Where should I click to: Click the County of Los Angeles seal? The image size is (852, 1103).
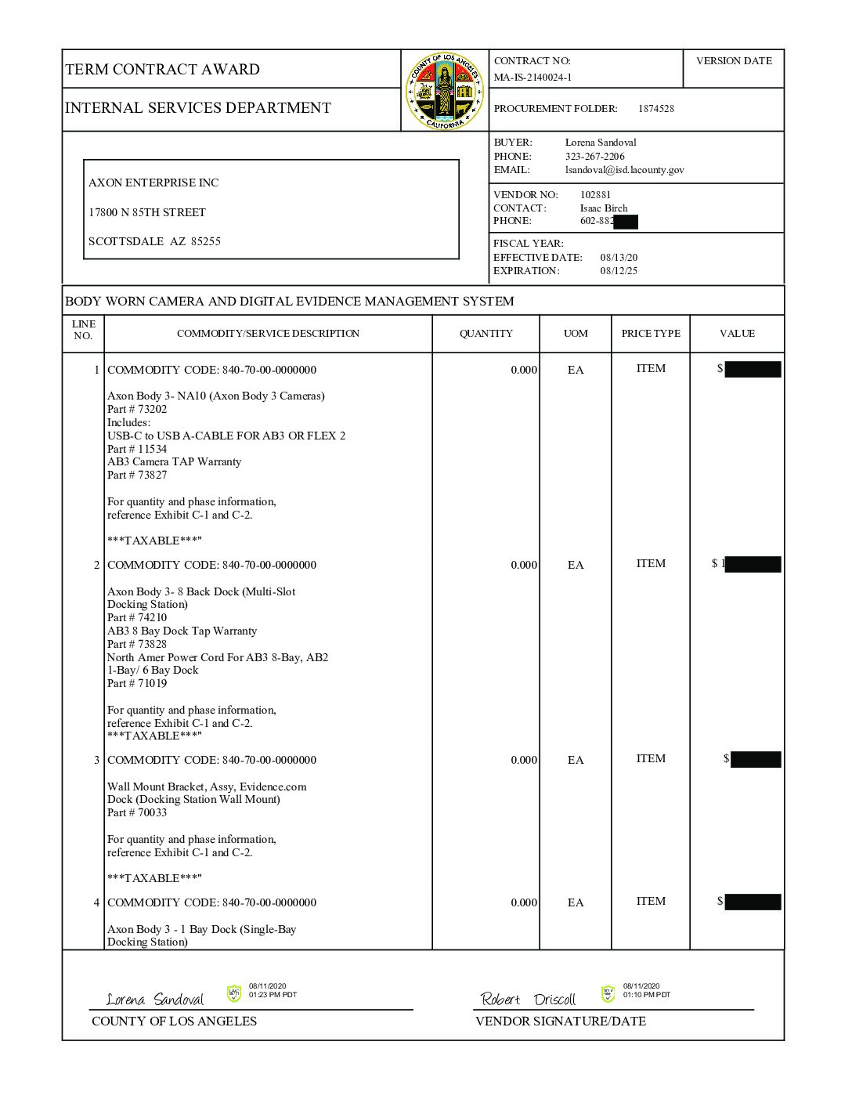click(x=445, y=91)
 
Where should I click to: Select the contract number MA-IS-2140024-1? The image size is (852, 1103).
click(x=532, y=78)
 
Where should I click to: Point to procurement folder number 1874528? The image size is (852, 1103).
click(x=655, y=109)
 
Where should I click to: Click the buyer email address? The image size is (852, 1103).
click(x=624, y=170)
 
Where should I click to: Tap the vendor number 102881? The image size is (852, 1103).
click(x=595, y=195)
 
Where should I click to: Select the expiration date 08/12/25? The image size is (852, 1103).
click(x=619, y=271)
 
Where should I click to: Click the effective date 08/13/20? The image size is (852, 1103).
click(x=619, y=258)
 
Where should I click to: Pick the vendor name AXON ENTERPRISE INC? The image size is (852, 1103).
click(x=153, y=183)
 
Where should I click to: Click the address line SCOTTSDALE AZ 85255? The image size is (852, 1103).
click(x=154, y=241)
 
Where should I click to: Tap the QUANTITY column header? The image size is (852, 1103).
click(x=486, y=334)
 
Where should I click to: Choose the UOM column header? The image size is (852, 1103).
click(x=576, y=334)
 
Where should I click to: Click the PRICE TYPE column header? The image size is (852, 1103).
click(x=651, y=334)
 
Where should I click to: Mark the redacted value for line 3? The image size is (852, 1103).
click(x=755, y=759)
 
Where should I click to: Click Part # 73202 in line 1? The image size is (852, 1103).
click(x=137, y=409)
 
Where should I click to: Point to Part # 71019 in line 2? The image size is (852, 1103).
click(x=137, y=683)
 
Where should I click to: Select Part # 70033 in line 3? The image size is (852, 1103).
click(x=137, y=812)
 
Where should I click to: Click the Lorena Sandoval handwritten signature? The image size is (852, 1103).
click(x=155, y=999)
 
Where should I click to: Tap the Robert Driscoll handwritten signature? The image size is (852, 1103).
click(x=529, y=999)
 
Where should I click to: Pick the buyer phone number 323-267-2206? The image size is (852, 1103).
click(x=595, y=157)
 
